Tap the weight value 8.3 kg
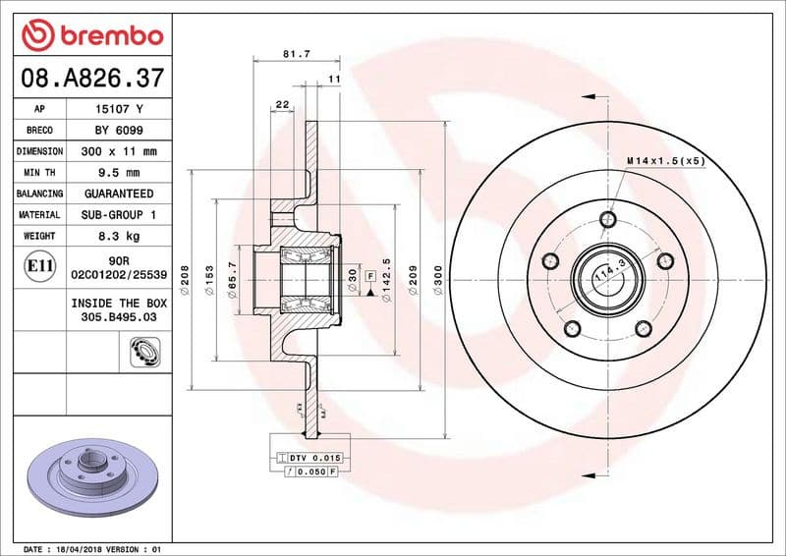point(119,236)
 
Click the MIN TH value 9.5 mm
point(119,173)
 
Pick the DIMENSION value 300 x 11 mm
point(119,152)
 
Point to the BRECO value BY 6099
point(119,131)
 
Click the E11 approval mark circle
point(38,266)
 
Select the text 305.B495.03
point(119,318)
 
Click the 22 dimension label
point(282,104)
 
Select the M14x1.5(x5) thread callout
point(665,160)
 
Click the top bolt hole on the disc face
point(609,219)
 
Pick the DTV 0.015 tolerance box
point(312,459)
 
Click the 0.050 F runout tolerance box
point(312,472)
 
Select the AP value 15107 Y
point(119,110)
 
